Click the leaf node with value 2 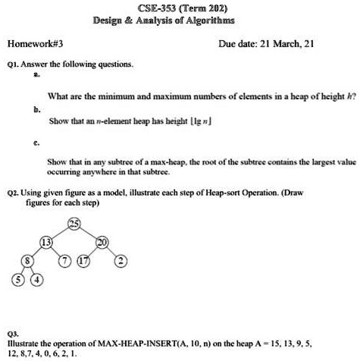coord(142,262)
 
